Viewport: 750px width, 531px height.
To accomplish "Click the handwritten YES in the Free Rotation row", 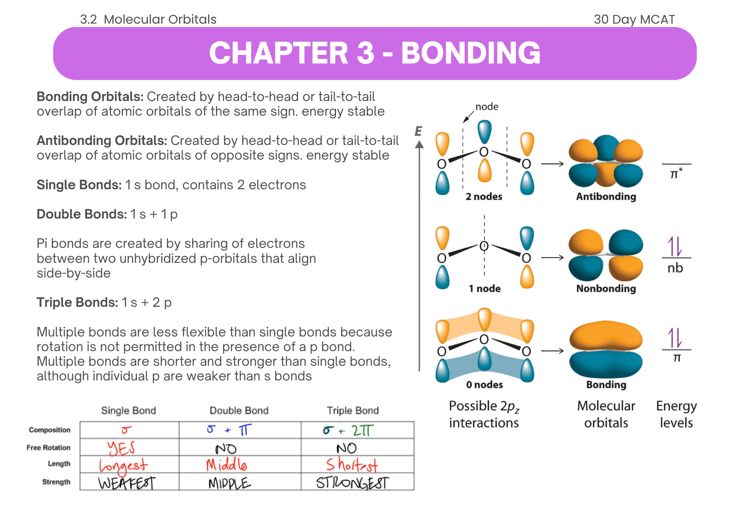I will pyautogui.click(x=121, y=448).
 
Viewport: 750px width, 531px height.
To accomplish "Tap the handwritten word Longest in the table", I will pyautogui.click(x=123, y=466).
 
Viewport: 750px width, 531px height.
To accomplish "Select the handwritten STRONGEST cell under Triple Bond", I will pyautogui.click(x=352, y=483).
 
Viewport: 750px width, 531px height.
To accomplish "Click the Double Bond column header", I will pyautogui.click(x=239, y=410).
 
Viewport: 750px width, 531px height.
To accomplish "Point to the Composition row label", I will pyautogui.click(x=49, y=430).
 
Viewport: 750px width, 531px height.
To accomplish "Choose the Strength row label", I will pyautogui.click(x=56, y=482).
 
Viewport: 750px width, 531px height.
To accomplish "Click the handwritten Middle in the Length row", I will pyautogui.click(x=226, y=465).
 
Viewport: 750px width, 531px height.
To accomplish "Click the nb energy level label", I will pyautogui.click(x=675, y=268).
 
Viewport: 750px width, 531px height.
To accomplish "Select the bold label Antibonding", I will pyautogui.click(x=606, y=196).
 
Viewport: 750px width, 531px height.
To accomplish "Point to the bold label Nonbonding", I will pyautogui.click(x=606, y=288).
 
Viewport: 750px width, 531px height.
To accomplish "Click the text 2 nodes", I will pyautogui.click(x=484, y=196).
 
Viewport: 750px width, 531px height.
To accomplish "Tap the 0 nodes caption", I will pyautogui.click(x=484, y=385).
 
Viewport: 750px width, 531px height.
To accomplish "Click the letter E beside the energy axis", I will pyautogui.click(x=418, y=131).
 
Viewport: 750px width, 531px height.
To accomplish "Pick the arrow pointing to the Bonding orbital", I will pyautogui.click(x=552, y=351).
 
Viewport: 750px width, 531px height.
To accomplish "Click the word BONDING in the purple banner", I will pyautogui.click(x=471, y=53).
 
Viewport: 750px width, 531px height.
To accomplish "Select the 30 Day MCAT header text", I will pyautogui.click(x=634, y=19).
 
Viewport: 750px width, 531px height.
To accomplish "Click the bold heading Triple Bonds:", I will pyautogui.click(x=77, y=302).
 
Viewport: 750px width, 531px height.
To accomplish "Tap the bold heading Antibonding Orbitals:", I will pyautogui.click(x=102, y=140).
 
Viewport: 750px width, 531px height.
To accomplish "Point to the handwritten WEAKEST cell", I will pyautogui.click(x=126, y=483).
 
